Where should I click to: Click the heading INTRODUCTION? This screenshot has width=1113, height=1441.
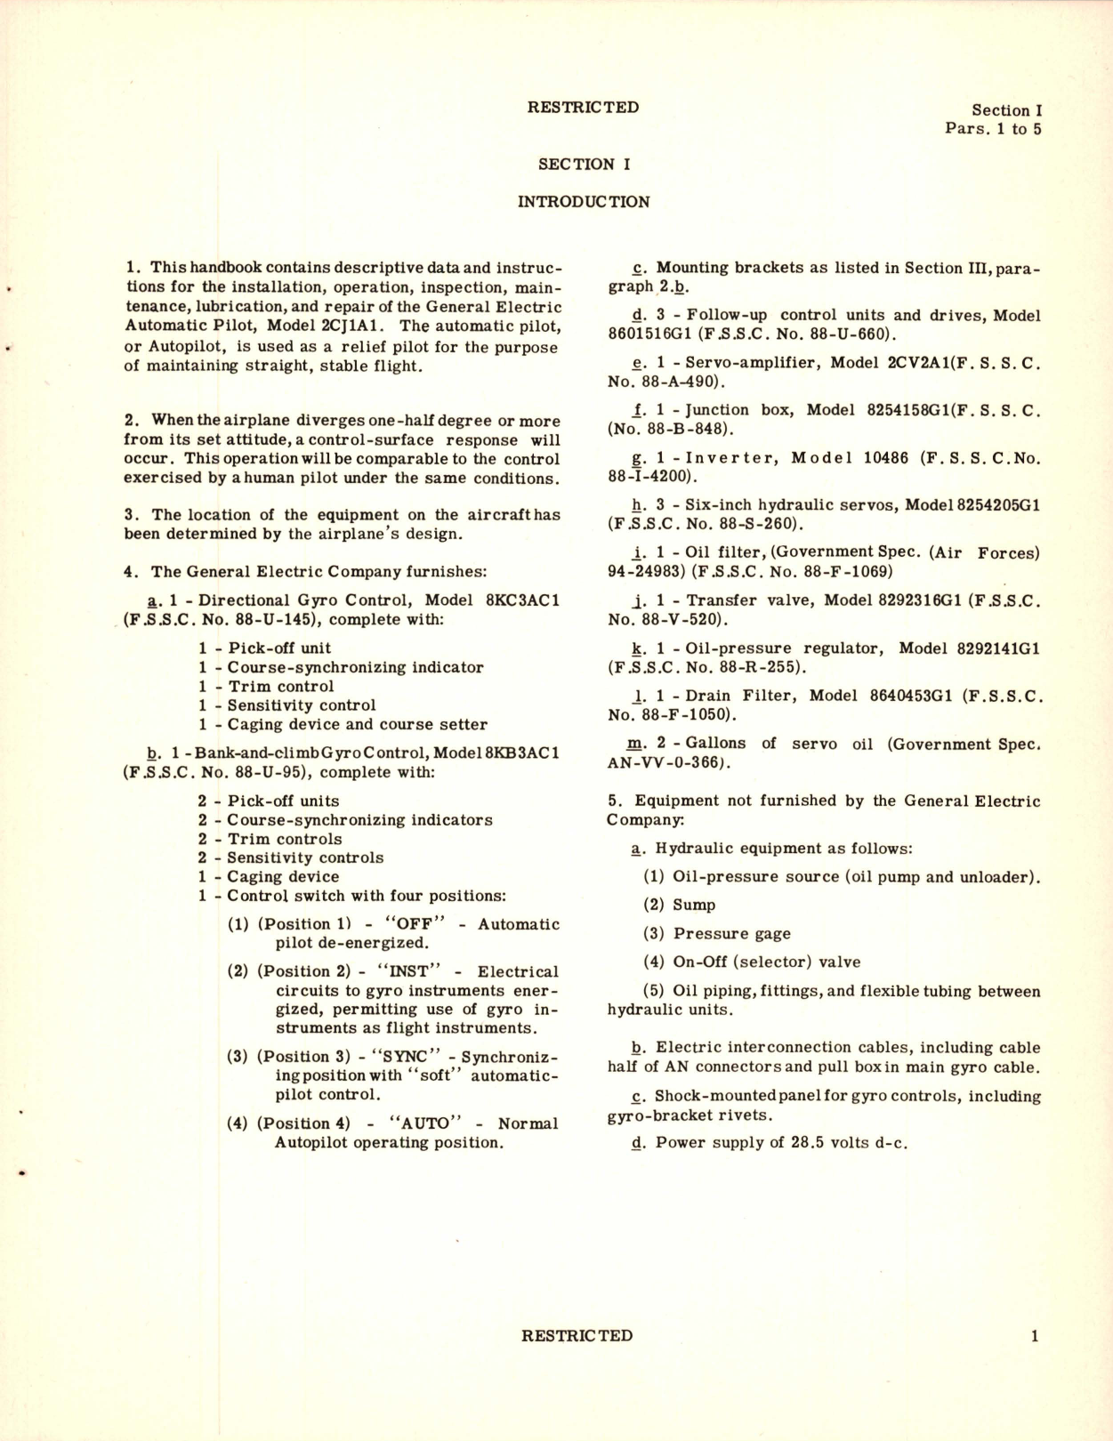pyautogui.click(x=584, y=202)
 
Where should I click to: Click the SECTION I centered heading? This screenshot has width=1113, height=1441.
pyautogui.click(x=584, y=164)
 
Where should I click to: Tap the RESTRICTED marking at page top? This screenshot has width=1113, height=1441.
pyautogui.click(x=583, y=108)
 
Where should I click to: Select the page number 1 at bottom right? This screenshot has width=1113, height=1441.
pyautogui.click(x=1034, y=1335)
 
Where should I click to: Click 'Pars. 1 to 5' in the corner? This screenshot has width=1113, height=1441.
pyautogui.click(x=993, y=129)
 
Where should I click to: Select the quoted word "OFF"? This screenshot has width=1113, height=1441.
pyautogui.click(x=407, y=924)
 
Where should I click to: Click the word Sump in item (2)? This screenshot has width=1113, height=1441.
pyautogui.click(x=694, y=905)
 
